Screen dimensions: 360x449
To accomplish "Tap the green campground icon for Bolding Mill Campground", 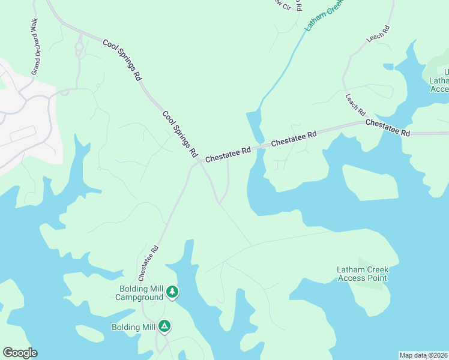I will (172, 292).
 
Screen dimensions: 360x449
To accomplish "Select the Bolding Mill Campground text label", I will (139, 293).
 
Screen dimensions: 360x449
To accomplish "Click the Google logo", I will (20, 353).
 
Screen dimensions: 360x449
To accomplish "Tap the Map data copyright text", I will (423, 355).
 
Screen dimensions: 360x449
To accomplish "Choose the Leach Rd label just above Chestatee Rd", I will (355, 104).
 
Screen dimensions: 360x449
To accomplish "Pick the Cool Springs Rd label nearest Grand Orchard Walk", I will (122, 60).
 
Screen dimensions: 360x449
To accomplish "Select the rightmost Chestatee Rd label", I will (387, 127).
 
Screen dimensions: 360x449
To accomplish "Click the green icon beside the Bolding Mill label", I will (164, 326).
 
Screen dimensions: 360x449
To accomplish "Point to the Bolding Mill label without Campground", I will (133, 327).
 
